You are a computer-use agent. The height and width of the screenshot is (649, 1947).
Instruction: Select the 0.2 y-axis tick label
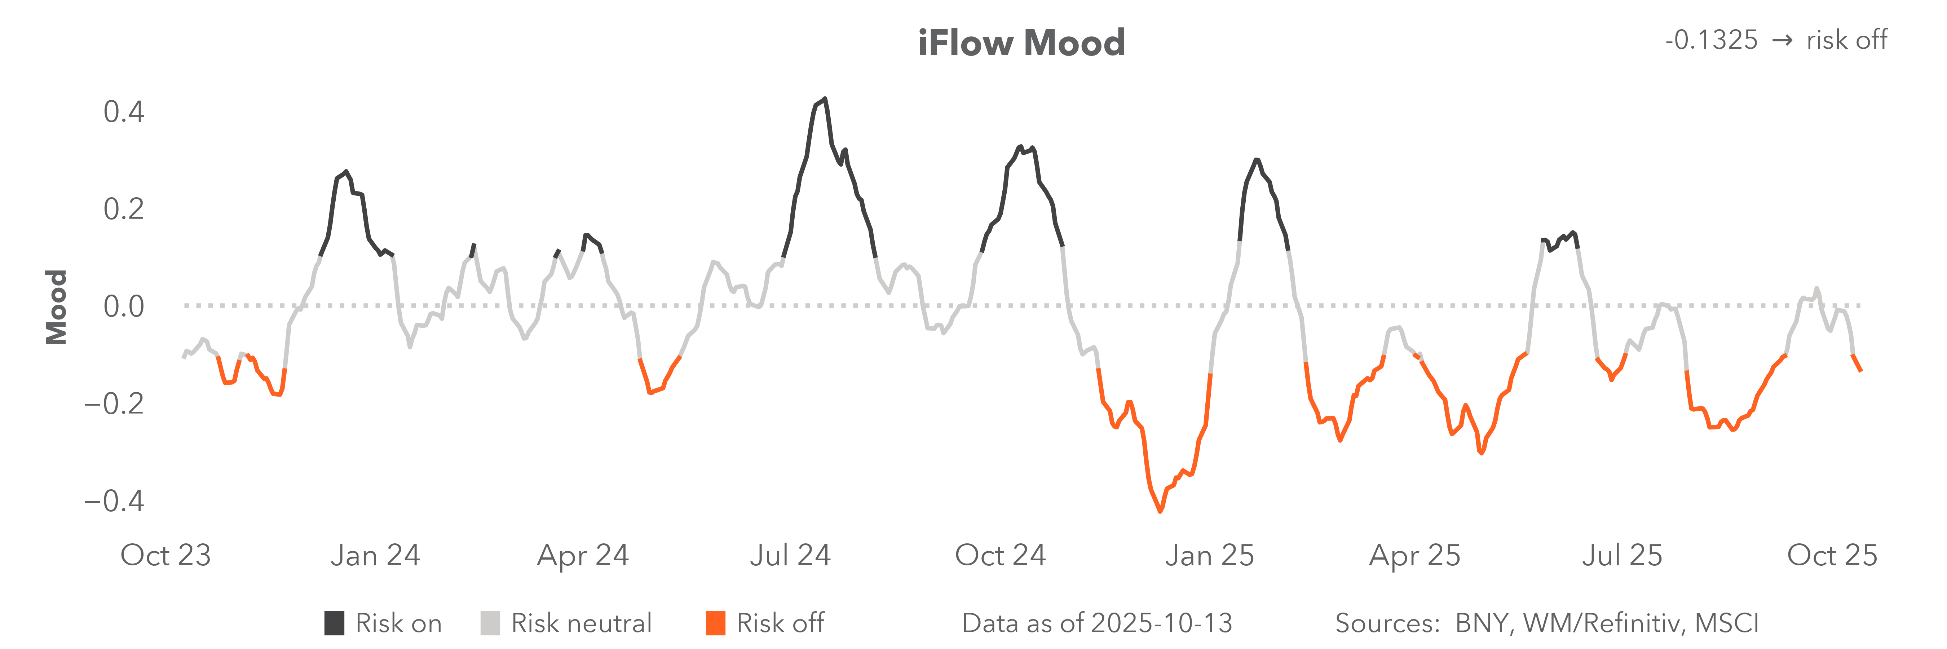124,209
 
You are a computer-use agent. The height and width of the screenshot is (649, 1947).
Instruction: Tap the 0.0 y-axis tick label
124,307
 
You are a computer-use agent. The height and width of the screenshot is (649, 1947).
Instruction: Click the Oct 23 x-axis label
165,555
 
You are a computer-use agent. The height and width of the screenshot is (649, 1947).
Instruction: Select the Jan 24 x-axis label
375,555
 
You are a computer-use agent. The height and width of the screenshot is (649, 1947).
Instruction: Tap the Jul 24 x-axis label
790,555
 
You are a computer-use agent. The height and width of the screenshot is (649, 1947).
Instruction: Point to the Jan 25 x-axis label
1209,555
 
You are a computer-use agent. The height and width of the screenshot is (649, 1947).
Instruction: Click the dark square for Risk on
334,623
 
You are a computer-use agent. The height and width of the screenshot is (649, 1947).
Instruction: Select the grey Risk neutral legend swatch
490,623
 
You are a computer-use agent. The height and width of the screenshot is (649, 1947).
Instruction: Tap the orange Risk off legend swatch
715,623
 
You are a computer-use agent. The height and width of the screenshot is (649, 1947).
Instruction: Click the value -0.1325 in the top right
1711,40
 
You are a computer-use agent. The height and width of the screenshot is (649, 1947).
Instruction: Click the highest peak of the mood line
825,99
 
